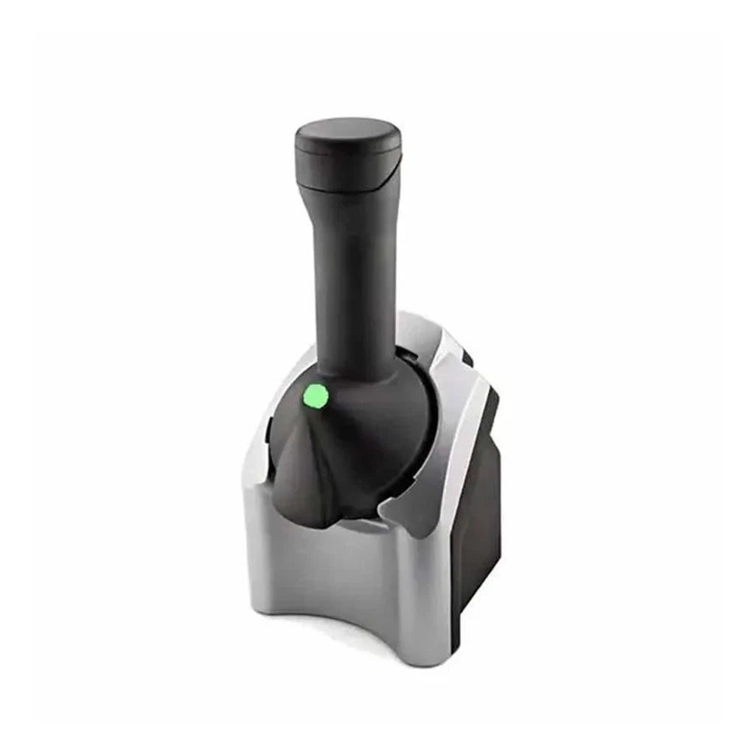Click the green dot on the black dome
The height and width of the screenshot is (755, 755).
316,397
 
